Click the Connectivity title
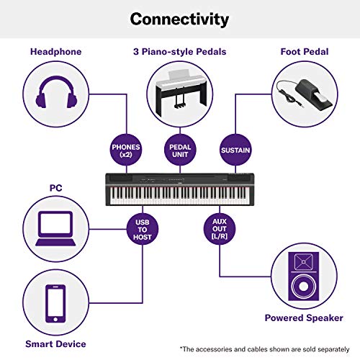179,19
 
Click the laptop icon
54,220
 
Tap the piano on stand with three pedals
179,94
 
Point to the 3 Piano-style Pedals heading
179,52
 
